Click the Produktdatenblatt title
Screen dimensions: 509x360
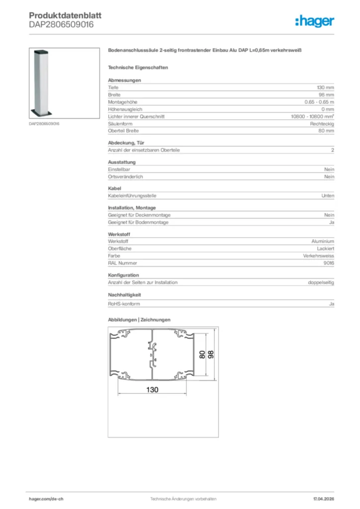[65, 15]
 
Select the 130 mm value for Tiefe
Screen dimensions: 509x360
[326, 87]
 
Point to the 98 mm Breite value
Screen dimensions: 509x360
[326, 94]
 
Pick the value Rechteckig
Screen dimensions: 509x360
[322, 123]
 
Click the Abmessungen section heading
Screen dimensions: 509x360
[124, 80]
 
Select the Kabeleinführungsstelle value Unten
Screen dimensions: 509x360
[328, 196]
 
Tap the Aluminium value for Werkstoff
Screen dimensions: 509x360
[323, 241]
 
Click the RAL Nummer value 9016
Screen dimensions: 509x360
[329, 263]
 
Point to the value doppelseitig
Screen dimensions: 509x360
[321, 282]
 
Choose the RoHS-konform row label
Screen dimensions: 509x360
[124, 303]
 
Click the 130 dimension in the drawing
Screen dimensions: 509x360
[152, 390]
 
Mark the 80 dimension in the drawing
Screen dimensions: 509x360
[202, 355]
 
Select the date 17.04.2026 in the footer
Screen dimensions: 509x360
[324, 498]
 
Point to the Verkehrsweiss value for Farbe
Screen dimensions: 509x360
[318, 255]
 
